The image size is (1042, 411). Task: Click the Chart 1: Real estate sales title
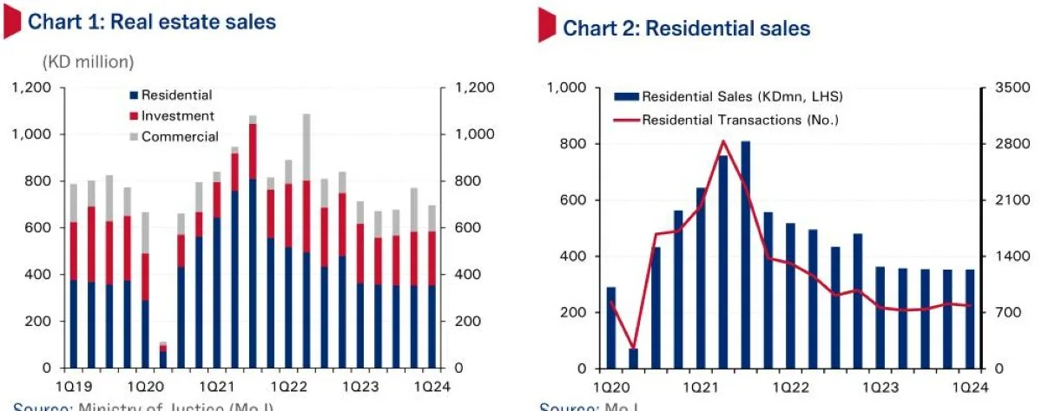point(152,22)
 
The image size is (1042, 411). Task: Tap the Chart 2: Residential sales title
point(686,29)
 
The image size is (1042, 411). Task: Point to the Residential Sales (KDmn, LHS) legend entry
point(742,96)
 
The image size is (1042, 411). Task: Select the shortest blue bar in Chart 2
point(633,358)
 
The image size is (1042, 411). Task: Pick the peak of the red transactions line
point(722,141)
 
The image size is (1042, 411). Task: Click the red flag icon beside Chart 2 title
point(546,25)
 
